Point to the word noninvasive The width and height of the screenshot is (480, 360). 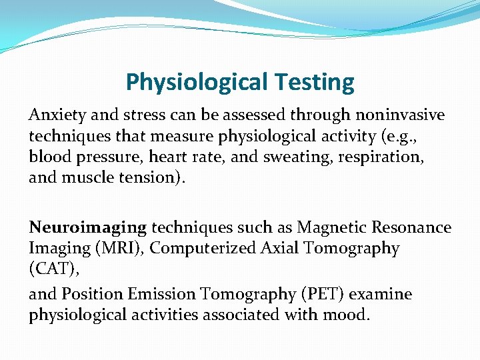[402, 115]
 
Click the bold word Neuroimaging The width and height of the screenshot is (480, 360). [87, 228]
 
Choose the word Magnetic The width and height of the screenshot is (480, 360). [329, 228]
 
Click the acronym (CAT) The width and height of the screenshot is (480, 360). [49, 269]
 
